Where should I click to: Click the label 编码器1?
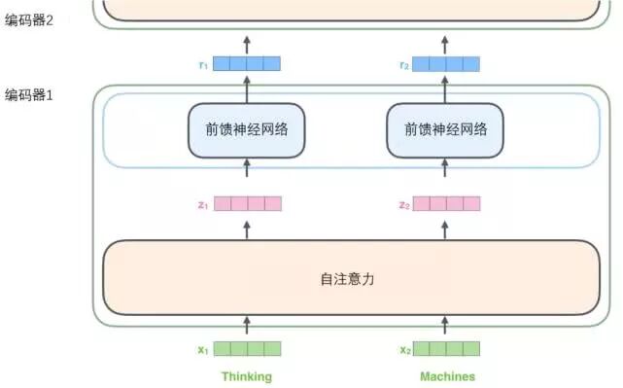click(29, 95)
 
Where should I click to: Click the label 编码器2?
click(29, 19)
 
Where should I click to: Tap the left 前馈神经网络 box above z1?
click(247, 130)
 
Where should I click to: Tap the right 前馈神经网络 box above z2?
click(447, 130)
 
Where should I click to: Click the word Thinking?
click(247, 376)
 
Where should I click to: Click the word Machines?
click(447, 376)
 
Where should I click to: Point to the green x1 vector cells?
click(247, 349)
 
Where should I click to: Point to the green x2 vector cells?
click(447, 349)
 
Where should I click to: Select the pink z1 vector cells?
click(247, 204)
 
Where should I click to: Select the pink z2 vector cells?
click(447, 204)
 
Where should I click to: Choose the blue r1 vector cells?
click(247, 64)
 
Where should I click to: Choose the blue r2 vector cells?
click(447, 64)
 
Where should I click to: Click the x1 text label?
click(202, 349)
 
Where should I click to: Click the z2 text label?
click(403, 204)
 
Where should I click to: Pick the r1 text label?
click(202, 64)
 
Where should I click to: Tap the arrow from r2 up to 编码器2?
click(447, 43)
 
